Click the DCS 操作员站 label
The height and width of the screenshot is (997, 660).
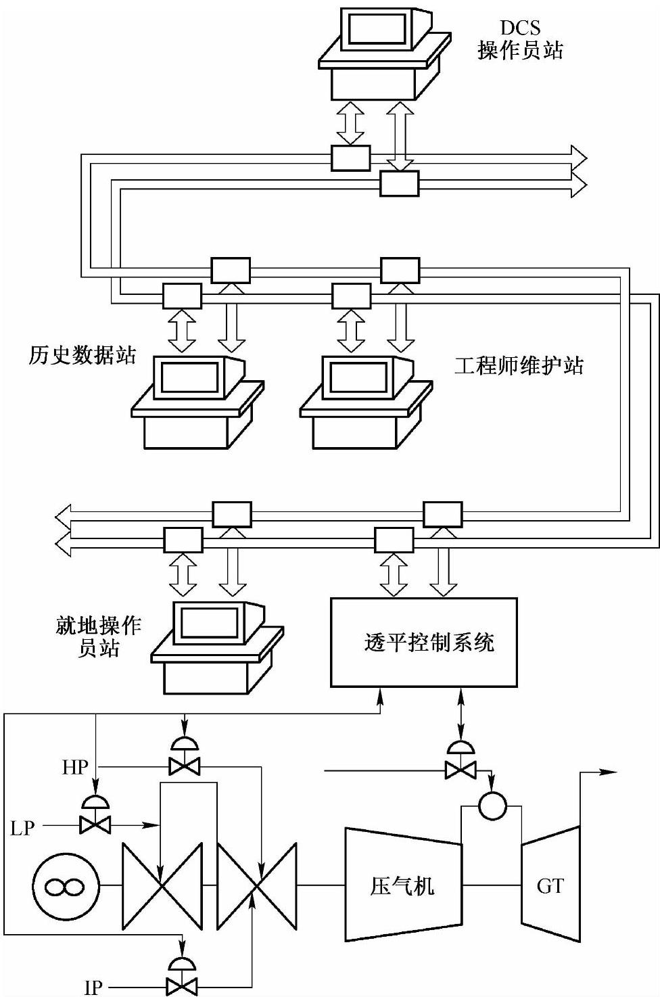click(520, 40)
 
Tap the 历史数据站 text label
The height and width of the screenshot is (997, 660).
click(82, 355)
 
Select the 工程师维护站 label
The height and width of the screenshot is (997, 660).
click(519, 366)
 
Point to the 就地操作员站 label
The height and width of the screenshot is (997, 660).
click(99, 636)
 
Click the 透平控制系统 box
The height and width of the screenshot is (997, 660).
click(423, 642)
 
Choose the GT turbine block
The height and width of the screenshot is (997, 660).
click(550, 885)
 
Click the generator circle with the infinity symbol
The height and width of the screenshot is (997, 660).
click(65, 885)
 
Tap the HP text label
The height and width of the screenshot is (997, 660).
click(76, 767)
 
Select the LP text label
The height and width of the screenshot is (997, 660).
click(22, 827)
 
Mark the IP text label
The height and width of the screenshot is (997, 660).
click(93, 988)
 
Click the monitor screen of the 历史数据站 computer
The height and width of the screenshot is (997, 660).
click(188, 375)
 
